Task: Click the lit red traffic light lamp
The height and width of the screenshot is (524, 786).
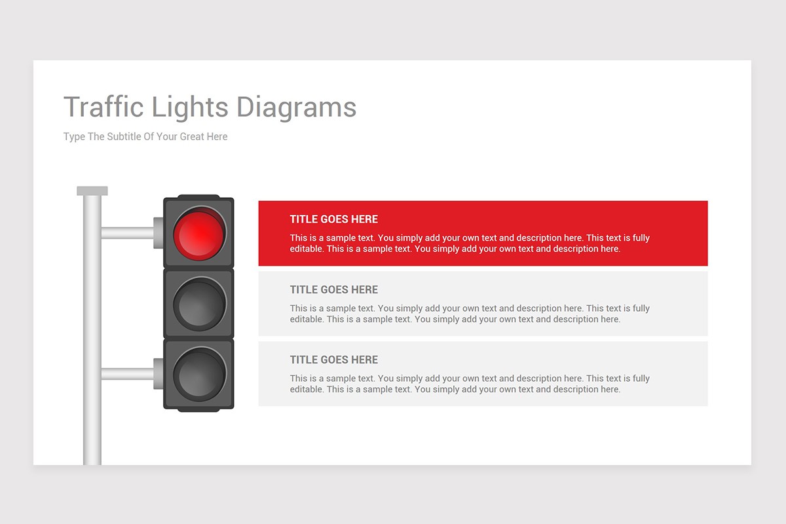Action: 199,233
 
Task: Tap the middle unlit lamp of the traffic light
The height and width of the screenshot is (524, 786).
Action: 199,303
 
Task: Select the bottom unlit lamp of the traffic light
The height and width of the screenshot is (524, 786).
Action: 199,374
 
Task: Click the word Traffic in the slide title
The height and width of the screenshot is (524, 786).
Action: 104,107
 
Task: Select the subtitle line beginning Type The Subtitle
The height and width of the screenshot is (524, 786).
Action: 145,137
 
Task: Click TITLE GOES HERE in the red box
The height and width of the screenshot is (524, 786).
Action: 334,219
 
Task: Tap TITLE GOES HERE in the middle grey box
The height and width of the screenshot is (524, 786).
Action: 334,290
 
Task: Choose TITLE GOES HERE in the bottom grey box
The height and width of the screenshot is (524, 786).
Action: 334,360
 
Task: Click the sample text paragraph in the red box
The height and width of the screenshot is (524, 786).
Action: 470,244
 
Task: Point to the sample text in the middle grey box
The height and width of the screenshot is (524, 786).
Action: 470,314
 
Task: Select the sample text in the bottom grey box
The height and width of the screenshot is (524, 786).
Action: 470,384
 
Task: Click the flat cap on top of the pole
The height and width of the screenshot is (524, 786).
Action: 92,191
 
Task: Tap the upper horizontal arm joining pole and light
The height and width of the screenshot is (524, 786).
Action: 127,233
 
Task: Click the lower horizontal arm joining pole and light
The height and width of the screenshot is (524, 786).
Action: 127,374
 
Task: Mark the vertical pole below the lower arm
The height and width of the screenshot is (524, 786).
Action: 92,426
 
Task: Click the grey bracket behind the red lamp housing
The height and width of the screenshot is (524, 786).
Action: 159,233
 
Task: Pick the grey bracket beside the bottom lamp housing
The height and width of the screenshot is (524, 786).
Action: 159,374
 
